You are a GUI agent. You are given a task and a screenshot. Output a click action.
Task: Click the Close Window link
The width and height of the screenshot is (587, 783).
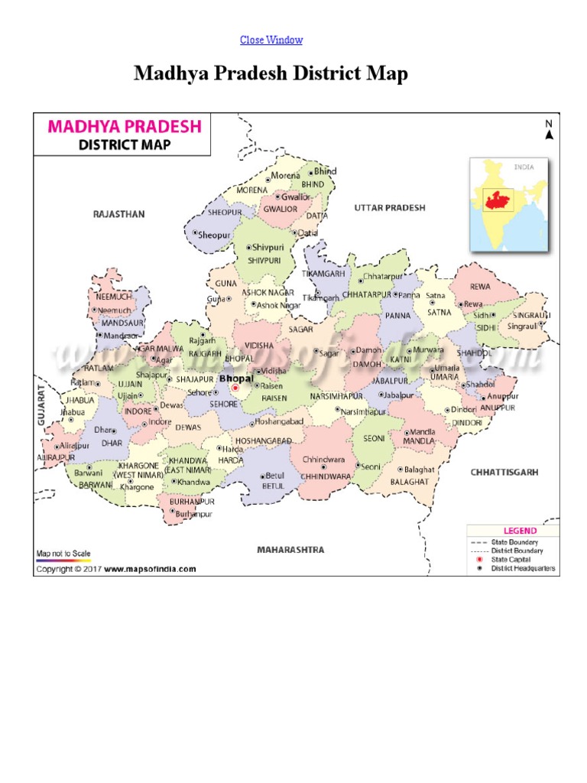(x=271, y=40)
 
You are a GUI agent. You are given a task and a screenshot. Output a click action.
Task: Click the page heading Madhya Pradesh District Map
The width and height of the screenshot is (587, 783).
(x=271, y=74)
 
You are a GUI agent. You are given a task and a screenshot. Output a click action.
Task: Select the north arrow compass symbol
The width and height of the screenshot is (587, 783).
(x=548, y=131)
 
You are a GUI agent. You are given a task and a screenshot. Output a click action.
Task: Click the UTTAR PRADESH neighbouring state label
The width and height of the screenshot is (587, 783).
(x=389, y=208)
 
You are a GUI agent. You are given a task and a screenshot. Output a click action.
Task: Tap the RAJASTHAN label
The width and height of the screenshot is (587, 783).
(x=118, y=215)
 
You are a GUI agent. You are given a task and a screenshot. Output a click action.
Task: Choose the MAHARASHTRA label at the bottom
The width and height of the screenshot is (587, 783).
(x=290, y=550)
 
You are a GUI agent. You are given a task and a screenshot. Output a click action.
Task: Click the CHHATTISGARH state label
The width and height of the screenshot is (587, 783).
(x=504, y=473)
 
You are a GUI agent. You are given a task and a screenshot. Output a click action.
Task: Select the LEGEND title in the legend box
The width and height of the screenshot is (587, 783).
(x=519, y=531)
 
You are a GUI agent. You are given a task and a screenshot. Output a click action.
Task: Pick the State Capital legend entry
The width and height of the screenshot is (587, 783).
(x=514, y=560)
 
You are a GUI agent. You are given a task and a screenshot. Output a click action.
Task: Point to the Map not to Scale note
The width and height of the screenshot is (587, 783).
(x=63, y=553)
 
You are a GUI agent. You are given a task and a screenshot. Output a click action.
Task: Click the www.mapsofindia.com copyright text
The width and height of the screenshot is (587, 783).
(x=150, y=569)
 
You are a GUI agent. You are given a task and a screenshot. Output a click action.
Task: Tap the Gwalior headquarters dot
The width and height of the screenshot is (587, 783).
(x=278, y=197)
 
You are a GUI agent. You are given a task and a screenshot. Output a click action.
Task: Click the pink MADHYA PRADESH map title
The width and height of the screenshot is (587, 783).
(x=125, y=126)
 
